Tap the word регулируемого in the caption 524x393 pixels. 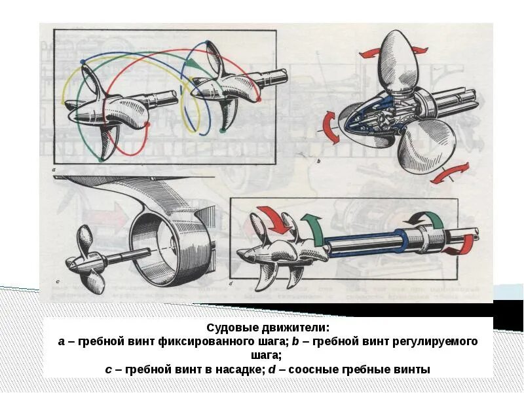438,342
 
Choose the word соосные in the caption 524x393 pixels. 312,370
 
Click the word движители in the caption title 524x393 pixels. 291,327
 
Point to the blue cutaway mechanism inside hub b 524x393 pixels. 380,115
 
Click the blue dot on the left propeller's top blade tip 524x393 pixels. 83,62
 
